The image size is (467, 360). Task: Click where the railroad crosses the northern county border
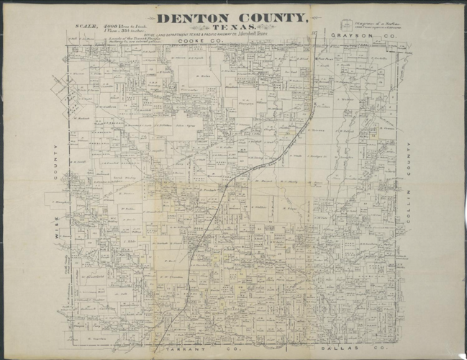317,44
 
